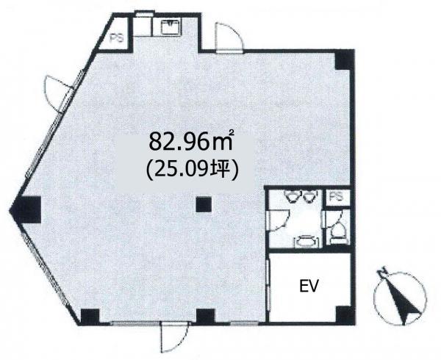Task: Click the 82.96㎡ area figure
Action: pos(191,141)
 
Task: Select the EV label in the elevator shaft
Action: pos(309,286)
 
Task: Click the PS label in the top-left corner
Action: pos(117,38)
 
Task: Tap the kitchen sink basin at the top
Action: pos(171,26)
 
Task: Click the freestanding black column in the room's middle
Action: pos(204,204)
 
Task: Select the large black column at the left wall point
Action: pos(26,209)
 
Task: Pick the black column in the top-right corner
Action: pos(345,60)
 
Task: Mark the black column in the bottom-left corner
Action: pos(90,317)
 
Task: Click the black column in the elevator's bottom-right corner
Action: pos(345,315)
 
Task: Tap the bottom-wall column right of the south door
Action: pos(206,317)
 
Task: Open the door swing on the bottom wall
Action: pos(174,337)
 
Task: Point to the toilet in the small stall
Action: pos(337,232)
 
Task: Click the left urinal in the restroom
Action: pos(293,196)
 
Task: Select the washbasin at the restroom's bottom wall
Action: pos(306,241)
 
